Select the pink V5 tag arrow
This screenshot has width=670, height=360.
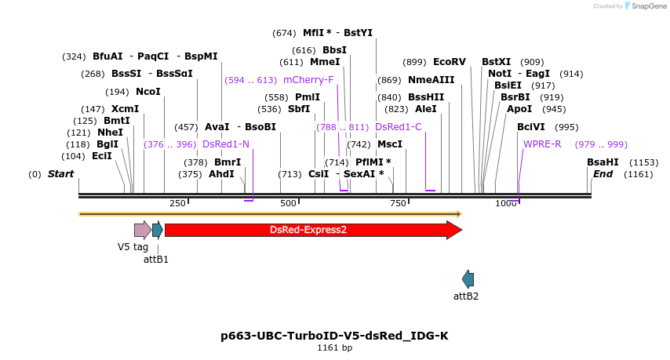tap(142, 230)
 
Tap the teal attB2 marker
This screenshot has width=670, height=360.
tap(468, 278)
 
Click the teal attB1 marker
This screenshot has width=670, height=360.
tap(158, 230)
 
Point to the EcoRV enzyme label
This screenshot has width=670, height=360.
tap(450, 62)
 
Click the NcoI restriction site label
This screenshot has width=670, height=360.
tap(148, 92)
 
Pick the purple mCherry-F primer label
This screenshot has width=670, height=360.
tap(308, 80)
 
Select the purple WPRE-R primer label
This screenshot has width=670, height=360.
tap(542, 144)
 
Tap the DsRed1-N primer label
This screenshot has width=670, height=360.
tap(226, 144)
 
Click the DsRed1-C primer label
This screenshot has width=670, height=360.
tap(399, 127)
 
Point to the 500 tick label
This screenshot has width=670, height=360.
tap(289, 204)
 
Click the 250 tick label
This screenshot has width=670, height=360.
tap(177, 204)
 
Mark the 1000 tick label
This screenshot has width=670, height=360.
tap(506, 204)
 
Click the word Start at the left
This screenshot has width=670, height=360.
tap(60, 174)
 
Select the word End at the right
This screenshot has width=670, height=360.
tap(603, 174)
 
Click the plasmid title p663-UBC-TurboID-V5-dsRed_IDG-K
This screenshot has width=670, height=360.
tap(334, 336)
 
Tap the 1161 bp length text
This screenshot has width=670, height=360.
tap(334, 347)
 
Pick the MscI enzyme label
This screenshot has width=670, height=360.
tap(390, 144)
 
